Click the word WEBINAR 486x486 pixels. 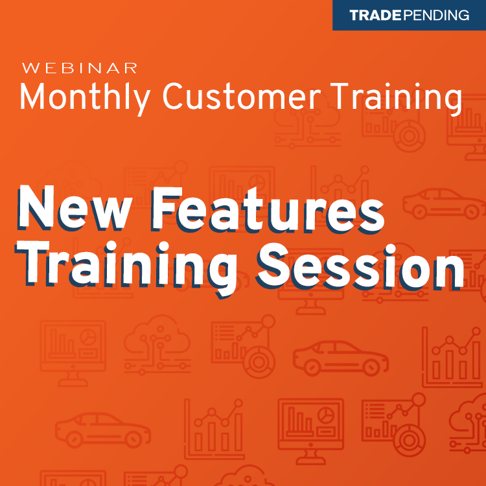point(79,67)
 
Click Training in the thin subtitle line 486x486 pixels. point(395,98)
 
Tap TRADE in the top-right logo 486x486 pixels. point(376,16)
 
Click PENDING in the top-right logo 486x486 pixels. point(436,16)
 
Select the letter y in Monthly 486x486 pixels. point(143,101)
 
